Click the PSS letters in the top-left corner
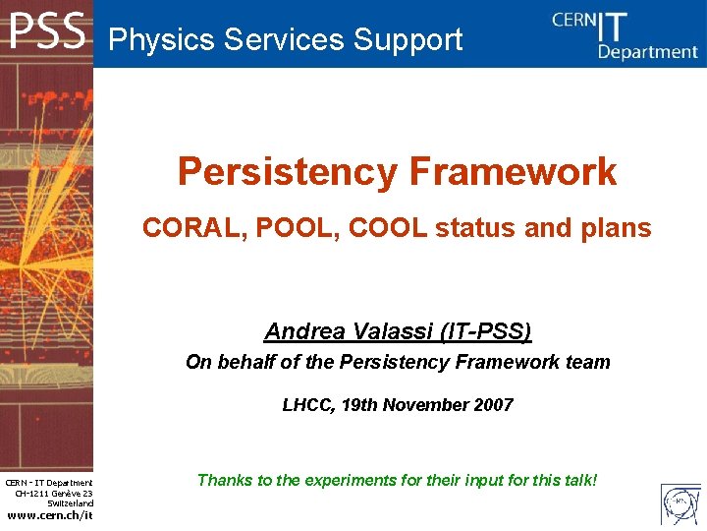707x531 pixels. [47, 30]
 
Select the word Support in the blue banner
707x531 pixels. [408, 39]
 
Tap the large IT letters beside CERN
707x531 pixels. [613, 27]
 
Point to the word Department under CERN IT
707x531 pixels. [648, 52]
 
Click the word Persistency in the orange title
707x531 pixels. [288, 172]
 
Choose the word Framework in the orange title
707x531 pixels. [514, 171]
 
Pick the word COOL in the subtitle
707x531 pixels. [388, 227]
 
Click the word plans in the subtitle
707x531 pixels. [617, 228]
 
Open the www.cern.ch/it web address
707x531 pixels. [50, 515]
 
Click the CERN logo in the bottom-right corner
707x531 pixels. [680, 503]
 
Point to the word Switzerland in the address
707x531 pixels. [71, 503]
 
